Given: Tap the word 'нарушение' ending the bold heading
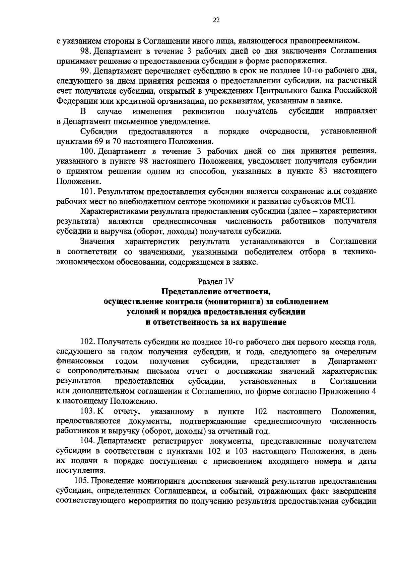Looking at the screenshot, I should (268, 322).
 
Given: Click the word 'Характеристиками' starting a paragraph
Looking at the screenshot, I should (108, 211).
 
